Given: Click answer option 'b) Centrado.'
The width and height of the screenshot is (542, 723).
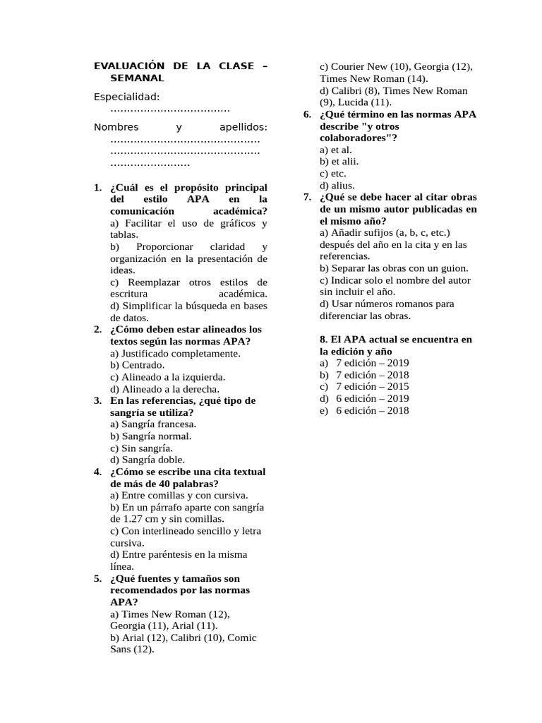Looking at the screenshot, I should coord(138,365).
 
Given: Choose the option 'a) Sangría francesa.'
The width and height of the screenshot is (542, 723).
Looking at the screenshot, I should coord(153,424).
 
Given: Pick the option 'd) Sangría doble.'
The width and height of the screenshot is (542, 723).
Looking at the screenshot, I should coord(147,460).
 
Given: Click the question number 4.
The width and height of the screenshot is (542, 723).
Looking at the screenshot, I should coord(97,472).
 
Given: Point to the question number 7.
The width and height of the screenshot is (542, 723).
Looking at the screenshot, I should coord(307,197).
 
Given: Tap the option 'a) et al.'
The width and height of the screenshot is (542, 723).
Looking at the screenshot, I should coord(336,150).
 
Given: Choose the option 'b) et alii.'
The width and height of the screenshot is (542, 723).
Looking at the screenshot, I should coord(339,162).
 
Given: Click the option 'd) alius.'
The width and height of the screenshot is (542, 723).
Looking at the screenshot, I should coord(337,185).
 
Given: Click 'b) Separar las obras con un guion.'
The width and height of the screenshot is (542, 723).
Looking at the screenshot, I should coord(394,268).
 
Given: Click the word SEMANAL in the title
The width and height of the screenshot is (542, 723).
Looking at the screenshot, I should coord(137,78).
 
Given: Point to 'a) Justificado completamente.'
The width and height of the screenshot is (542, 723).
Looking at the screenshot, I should coord(176,353).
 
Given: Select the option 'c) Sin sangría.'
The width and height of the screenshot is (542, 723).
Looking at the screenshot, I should coord(141,448).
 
